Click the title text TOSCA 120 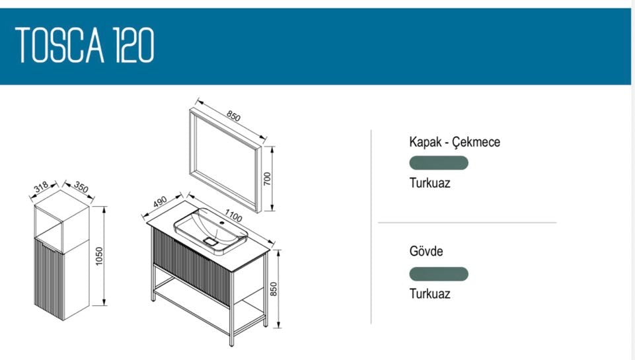click(x=85, y=45)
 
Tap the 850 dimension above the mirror click(x=234, y=116)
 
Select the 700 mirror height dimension click(x=267, y=178)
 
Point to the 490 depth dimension click(x=160, y=201)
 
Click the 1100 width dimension click(x=233, y=216)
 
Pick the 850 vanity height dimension click(x=274, y=289)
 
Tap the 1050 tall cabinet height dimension click(x=99, y=256)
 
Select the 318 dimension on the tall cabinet click(x=41, y=187)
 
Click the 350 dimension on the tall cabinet click(x=81, y=187)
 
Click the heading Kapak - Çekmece click(x=455, y=142)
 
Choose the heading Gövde click(x=426, y=251)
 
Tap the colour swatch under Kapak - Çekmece click(x=439, y=162)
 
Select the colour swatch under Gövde click(x=439, y=273)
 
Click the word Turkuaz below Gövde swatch click(x=430, y=293)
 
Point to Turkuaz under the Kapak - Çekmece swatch click(x=430, y=182)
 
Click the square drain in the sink click(x=211, y=242)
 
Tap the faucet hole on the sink click(x=221, y=223)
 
